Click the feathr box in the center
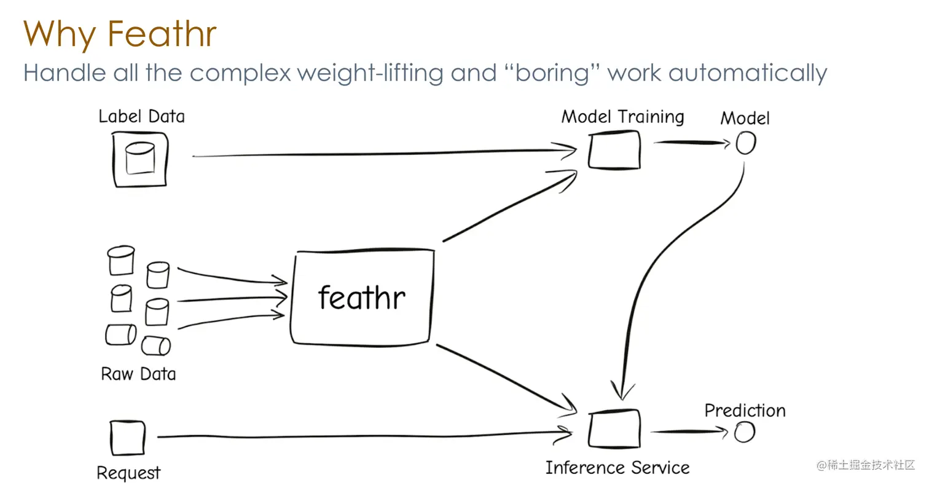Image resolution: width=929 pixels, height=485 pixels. (x=362, y=298)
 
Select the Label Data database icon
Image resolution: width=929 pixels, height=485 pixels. (x=140, y=159)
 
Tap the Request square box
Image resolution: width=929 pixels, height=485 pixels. (x=128, y=438)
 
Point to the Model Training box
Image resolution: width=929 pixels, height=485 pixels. (x=613, y=149)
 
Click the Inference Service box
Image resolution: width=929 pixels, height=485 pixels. (x=613, y=429)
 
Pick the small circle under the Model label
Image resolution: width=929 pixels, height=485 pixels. (x=745, y=144)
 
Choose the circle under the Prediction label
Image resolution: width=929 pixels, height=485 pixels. (x=745, y=433)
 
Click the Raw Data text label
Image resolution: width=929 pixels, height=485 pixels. (x=138, y=374)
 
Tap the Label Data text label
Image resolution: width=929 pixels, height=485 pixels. (x=141, y=116)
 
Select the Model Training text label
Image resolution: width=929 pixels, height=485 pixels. (x=622, y=117)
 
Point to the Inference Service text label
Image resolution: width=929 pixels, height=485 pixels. (x=617, y=468)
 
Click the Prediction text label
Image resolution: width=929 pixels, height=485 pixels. (x=745, y=410)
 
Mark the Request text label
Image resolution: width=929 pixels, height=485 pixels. (x=128, y=473)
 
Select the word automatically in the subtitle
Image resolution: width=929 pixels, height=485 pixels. (x=747, y=73)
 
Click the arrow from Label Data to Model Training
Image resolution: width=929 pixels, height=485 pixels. (x=381, y=153)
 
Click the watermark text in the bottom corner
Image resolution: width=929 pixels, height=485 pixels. (x=866, y=465)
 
